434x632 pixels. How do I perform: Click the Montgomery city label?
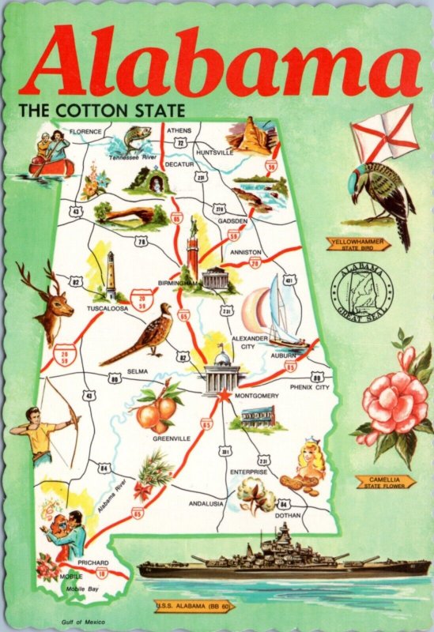256,395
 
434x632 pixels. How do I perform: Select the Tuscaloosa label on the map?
107,308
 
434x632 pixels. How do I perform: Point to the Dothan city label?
288,515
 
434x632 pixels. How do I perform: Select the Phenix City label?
311,387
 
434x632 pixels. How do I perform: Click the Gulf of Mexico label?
81,623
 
